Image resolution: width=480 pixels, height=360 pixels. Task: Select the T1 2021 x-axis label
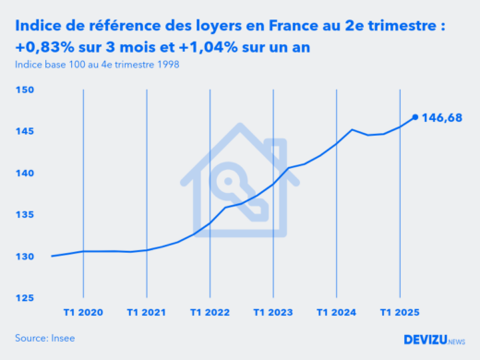[147, 312]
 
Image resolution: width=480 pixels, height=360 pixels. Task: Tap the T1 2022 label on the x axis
[210, 312]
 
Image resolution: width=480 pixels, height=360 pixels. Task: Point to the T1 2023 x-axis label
[272, 312]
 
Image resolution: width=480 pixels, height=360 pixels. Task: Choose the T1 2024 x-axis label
[335, 312]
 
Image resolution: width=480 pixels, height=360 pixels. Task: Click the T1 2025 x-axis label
[398, 312]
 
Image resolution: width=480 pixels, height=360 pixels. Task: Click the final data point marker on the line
[414, 117]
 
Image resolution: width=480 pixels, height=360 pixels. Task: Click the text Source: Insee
[45, 338]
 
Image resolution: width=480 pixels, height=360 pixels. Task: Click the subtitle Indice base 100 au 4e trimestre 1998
[97, 65]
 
